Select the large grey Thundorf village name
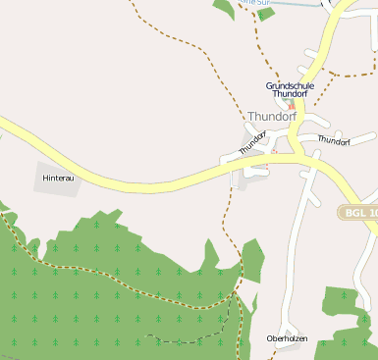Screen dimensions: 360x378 coord(272,116)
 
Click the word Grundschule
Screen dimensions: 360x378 coord(291,85)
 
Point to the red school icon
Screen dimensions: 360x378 coord(291,104)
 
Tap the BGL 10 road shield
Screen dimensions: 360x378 coord(357,212)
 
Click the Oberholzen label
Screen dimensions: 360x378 coord(287,338)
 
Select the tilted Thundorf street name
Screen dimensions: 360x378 coord(252,143)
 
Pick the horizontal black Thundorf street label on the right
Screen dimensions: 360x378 coord(334,141)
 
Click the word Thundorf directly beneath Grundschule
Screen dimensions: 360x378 coord(291,94)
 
